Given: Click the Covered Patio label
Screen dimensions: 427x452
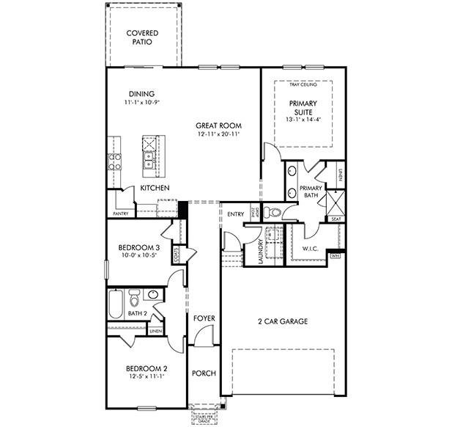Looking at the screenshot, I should [143, 37].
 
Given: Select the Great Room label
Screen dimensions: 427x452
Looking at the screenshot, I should [218, 125].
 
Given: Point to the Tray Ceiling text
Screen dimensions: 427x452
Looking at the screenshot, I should [303, 86].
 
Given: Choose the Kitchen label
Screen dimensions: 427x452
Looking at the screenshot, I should [155, 189].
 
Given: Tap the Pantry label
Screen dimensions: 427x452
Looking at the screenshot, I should [121, 213].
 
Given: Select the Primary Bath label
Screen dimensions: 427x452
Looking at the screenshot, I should [311, 192].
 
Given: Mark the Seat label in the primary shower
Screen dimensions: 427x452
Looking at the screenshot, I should [336, 219].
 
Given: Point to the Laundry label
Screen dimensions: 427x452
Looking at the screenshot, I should [261, 250].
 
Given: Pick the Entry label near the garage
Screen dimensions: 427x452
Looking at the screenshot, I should [235, 214].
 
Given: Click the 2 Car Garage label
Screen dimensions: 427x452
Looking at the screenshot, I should [281, 321].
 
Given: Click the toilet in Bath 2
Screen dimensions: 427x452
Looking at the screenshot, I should [135, 299].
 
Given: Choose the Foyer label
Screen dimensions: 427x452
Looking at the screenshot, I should [204, 318].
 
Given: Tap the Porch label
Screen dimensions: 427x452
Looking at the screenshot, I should [204, 373].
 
